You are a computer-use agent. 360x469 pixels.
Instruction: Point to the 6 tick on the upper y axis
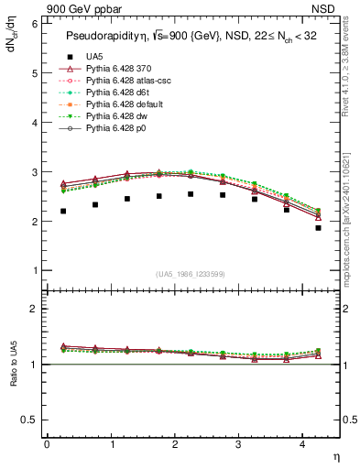click(x=33, y=23)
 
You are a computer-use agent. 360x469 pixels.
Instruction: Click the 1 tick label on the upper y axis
click(x=33, y=271)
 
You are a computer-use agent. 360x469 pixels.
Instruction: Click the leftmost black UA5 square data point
click(x=63, y=211)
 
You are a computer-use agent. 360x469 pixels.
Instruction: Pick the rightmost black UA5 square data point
click(x=318, y=227)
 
